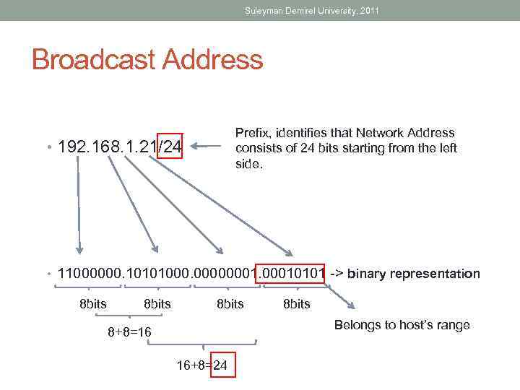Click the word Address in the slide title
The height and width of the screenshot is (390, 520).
(x=214, y=59)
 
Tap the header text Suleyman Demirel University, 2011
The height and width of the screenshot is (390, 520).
(x=311, y=11)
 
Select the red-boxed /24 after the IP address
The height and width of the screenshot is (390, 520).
(x=171, y=147)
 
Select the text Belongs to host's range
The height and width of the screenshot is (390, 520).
(x=402, y=325)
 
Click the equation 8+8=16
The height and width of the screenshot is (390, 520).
(x=129, y=332)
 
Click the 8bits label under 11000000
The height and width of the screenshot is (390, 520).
(x=92, y=304)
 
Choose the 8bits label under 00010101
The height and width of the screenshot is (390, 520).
(x=296, y=304)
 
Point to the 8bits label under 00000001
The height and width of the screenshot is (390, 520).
(x=230, y=304)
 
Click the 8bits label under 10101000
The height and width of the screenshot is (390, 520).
(x=157, y=304)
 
